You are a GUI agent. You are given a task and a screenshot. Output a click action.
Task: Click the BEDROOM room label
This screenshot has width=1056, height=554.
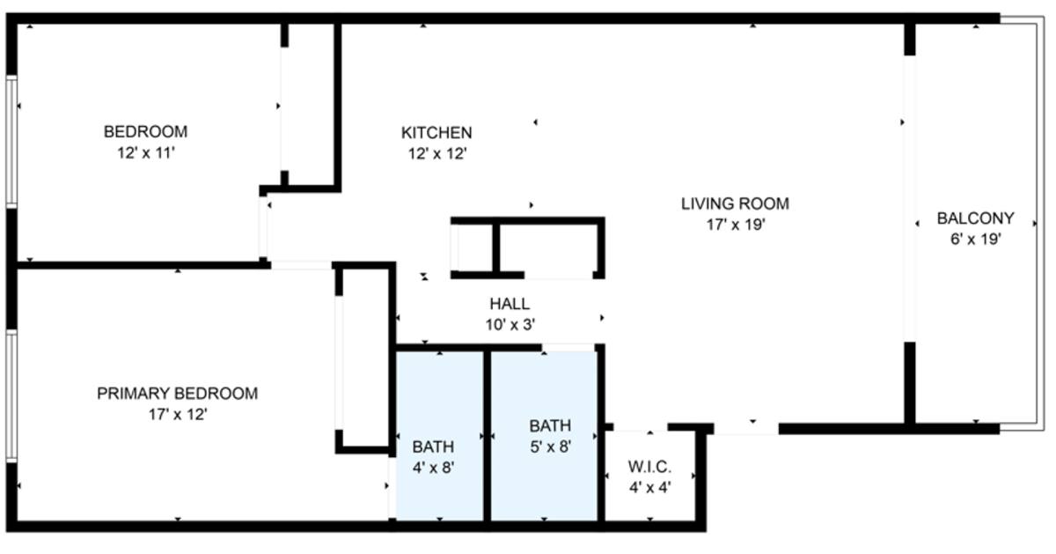coord(146,131)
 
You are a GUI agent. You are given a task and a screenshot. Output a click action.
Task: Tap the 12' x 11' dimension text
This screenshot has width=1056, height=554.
coord(146,153)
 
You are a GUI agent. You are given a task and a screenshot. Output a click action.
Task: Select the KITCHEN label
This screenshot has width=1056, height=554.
coord(436,133)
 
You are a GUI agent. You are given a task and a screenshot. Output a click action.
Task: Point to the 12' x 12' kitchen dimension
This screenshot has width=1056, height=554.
coord(437,154)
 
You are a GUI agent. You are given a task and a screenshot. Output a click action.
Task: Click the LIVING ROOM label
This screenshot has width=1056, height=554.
coord(735,203)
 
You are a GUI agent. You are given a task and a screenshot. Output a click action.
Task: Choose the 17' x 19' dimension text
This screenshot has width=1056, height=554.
coord(736,225)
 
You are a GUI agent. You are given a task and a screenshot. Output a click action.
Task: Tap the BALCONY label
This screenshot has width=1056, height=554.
coord(975,218)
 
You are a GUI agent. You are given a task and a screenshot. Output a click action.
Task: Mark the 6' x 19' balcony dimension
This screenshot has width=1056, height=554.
coord(975,240)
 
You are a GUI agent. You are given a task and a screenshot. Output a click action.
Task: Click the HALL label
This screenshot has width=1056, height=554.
coord(510,304)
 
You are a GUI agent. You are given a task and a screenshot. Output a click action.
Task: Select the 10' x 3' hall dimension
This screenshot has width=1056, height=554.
coord(510,325)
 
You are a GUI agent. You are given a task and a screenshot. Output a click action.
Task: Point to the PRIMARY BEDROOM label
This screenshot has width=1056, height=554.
coord(177,394)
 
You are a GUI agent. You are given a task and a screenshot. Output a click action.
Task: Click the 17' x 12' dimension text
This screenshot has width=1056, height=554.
coord(178,414)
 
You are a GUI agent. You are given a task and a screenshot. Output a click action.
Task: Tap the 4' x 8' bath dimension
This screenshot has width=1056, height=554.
coord(433,468)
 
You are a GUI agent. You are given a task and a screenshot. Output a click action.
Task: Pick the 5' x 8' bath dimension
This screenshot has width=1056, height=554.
coord(551,447)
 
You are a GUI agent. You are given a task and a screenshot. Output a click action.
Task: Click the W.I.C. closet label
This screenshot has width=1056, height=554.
coord(649,467)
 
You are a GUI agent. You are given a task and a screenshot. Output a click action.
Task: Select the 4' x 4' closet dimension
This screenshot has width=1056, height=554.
coord(649,487)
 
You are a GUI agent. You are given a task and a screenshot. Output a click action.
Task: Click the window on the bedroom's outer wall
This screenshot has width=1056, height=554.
coord(11,141)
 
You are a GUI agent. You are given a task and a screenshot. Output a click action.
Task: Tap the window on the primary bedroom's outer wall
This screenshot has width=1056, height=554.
coord(11,396)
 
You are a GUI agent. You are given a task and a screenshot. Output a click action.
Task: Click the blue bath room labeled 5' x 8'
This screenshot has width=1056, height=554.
coord(544,437)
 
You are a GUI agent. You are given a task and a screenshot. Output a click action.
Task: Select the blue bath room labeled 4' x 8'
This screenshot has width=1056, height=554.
coord(440,437)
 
